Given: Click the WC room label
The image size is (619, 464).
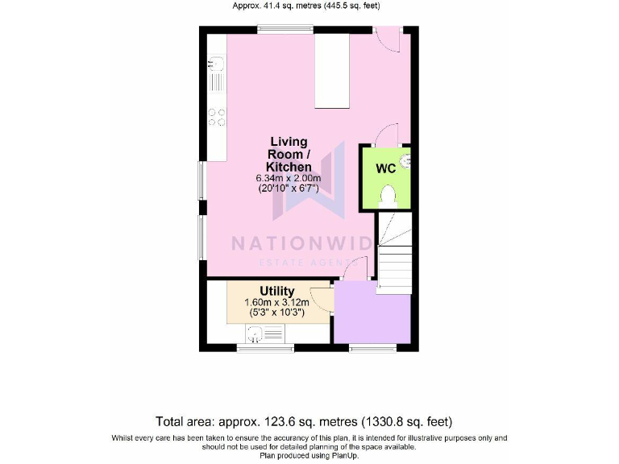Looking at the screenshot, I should [385, 169].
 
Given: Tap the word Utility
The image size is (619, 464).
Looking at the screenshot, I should [276, 291].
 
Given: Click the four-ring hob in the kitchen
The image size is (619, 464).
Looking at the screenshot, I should [217, 117].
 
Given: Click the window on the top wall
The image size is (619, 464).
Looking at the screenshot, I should [285, 31].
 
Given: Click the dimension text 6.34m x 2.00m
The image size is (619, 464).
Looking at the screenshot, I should [289, 178].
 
